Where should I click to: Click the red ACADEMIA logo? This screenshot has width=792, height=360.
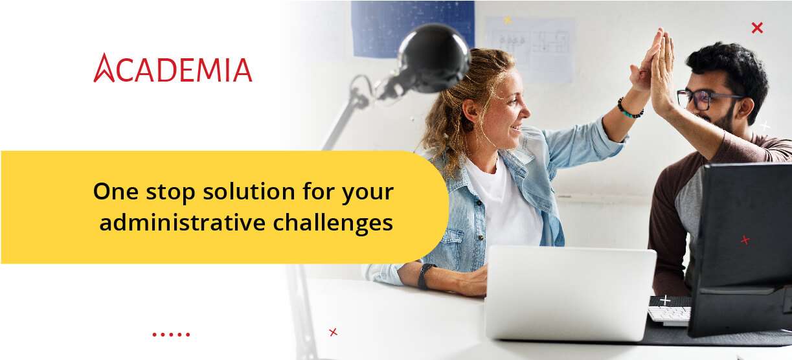point(173,69)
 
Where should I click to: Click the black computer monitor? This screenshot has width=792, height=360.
point(741,246)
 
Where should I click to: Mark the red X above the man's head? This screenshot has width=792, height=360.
point(757,28)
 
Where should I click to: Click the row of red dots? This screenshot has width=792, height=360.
point(171,335)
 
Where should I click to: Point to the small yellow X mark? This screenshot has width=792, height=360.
point(508,20)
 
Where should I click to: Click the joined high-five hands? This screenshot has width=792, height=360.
point(654,65)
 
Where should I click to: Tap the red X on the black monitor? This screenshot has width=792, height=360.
point(745,240)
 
